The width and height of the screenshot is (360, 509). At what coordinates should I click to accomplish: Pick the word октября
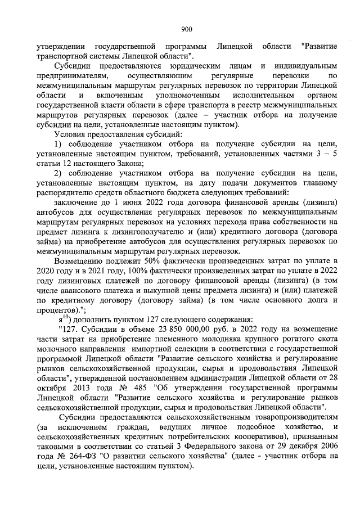click(x=52, y=389)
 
